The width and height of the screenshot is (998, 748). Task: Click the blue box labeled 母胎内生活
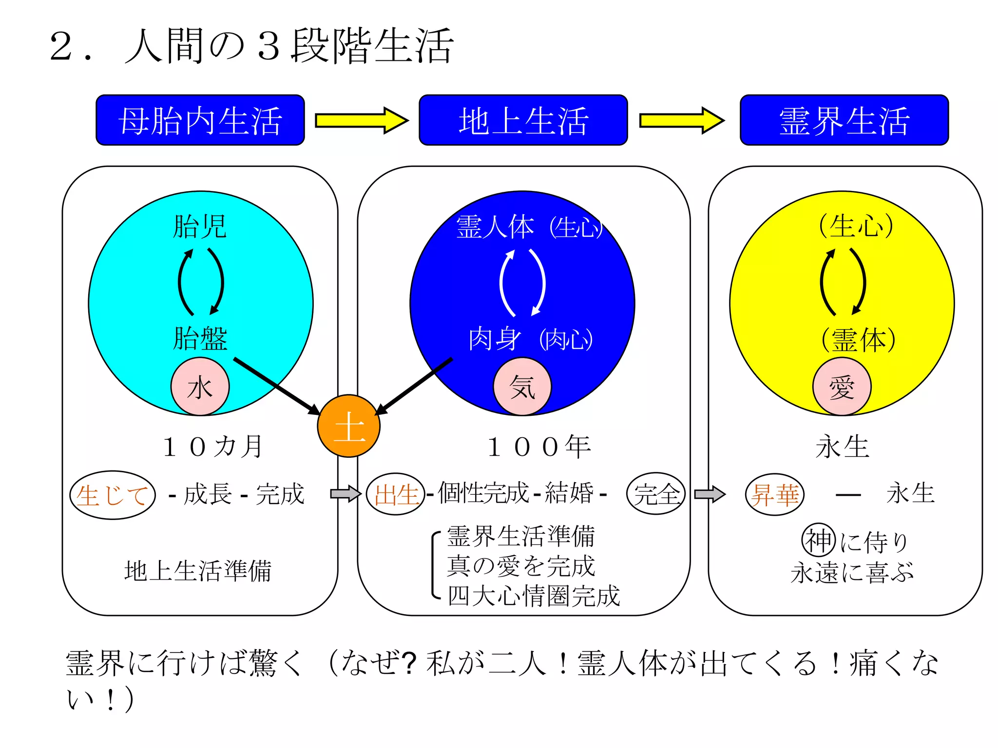[x=200, y=120]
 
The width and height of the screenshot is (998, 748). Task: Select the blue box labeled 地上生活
[x=523, y=120]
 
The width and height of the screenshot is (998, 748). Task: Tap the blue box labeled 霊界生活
[x=844, y=120]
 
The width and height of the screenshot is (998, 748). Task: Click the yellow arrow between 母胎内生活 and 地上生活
[x=361, y=120]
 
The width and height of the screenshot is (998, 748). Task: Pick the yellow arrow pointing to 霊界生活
[x=681, y=120]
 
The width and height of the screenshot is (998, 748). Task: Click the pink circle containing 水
[x=200, y=387]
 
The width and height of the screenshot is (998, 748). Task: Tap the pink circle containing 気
[x=522, y=387]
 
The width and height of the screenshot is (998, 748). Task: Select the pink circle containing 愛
[x=842, y=387]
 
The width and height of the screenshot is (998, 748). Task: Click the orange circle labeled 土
[x=349, y=426]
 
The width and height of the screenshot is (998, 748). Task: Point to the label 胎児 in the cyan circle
[x=200, y=226]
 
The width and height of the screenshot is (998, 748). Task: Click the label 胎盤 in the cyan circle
[x=200, y=338]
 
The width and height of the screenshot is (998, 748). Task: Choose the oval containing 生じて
[x=113, y=495]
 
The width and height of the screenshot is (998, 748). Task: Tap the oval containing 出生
[x=396, y=494]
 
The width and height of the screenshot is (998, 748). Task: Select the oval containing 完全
[x=656, y=494]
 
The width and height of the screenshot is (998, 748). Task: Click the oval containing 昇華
[x=775, y=494]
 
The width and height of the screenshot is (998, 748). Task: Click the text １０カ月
[x=213, y=447]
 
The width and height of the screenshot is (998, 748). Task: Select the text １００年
[x=539, y=447]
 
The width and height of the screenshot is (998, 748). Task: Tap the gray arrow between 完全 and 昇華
[x=710, y=494]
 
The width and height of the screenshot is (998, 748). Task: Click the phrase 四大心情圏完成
[x=534, y=596]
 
